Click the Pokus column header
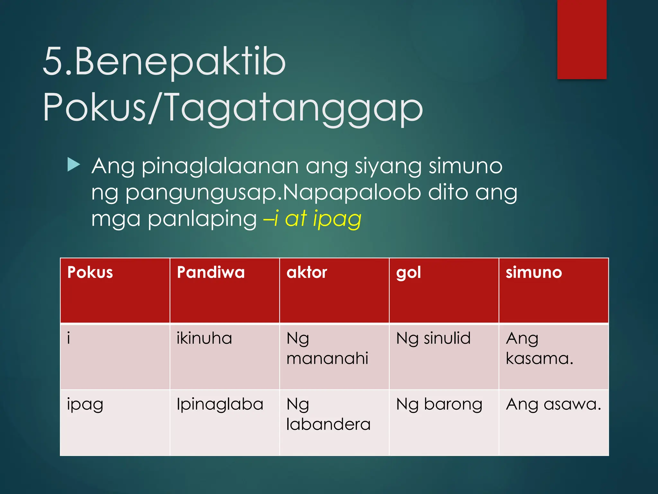(90, 273)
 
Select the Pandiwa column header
(211, 273)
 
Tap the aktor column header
(307, 273)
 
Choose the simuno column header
(534, 273)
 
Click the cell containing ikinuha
(204, 339)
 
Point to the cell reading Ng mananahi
(327, 349)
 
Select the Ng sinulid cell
(433, 339)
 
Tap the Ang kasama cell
(539, 349)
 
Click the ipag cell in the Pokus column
(85, 405)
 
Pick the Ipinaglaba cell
(220, 404)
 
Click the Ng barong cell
(439, 405)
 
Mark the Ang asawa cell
(553, 404)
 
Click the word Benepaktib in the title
(180, 62)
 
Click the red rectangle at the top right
(582, 39)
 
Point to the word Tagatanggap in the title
(294, 108)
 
